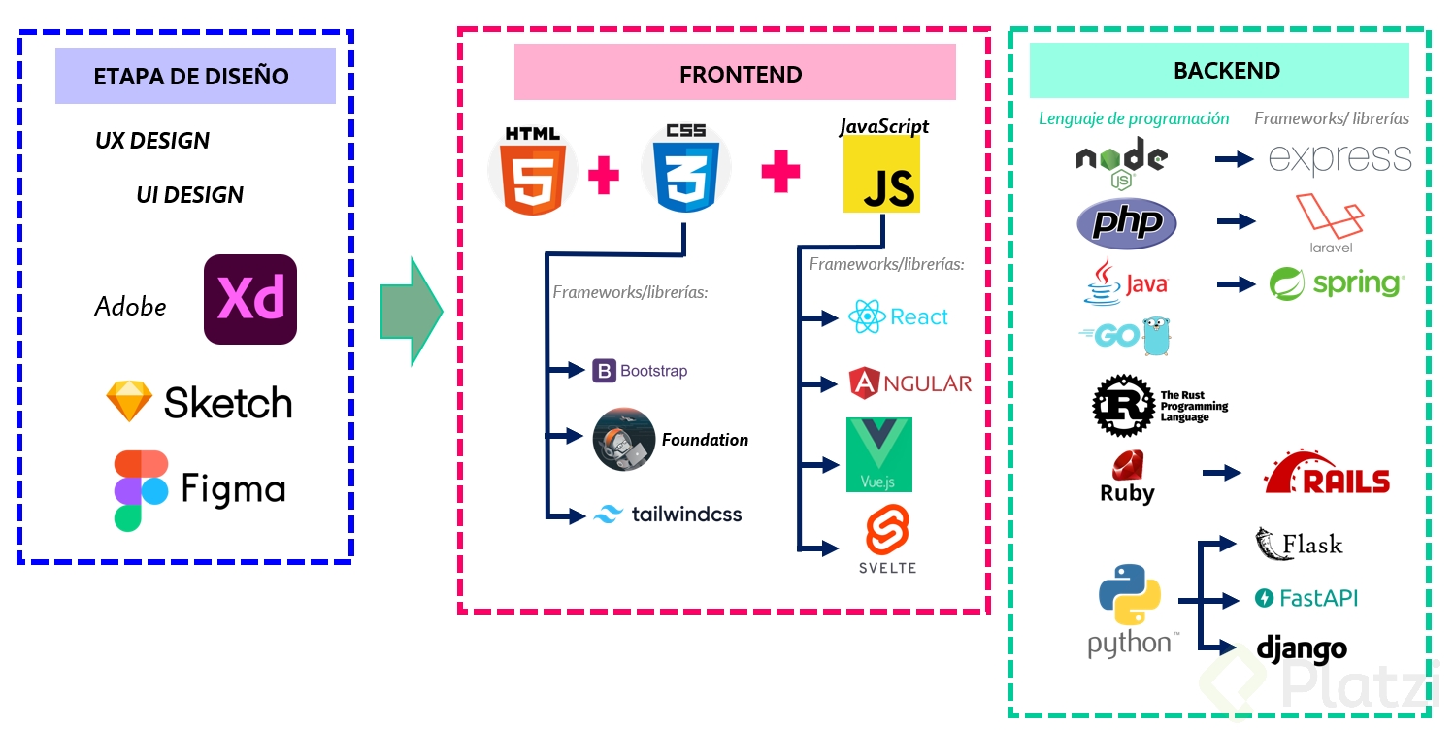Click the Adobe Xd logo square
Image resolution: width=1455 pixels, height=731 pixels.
pyautogui.click(x=250, y=299)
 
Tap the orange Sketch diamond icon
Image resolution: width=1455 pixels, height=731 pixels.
pyautogui.click(x=129, y=401)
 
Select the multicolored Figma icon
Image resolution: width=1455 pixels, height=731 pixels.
pyautogui.click(x=141, y=490)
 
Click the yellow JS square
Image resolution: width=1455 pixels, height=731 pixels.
pyautogui.click(x=881, y=175)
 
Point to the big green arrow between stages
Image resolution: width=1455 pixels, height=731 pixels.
pyautogui.click(x=412, y=312)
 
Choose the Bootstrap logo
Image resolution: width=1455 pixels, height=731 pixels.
pyautogui.click(x=605, y=371)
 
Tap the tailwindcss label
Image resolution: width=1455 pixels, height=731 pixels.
pyautogui.click(x=686, y=515)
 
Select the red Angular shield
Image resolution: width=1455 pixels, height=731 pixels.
pyautogui.click(x=863, y=383)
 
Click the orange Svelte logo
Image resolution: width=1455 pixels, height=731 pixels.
pyautogui.click(x=886, y=532)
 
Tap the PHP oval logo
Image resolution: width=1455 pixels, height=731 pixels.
pyautogui.click(x=1127, y=224)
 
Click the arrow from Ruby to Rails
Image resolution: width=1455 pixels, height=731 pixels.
pyautogui.click(x=1222, y=473)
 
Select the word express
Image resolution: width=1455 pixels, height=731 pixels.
pyautogui.click(x=1339, y=158)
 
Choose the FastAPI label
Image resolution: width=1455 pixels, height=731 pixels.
pyautogui.click(x=1317, y=598)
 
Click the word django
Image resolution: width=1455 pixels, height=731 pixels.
pyautogui.click(x=1302, y=648)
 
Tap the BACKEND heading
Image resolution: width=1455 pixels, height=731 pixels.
pyautogui.click(x=1226, y=71)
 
